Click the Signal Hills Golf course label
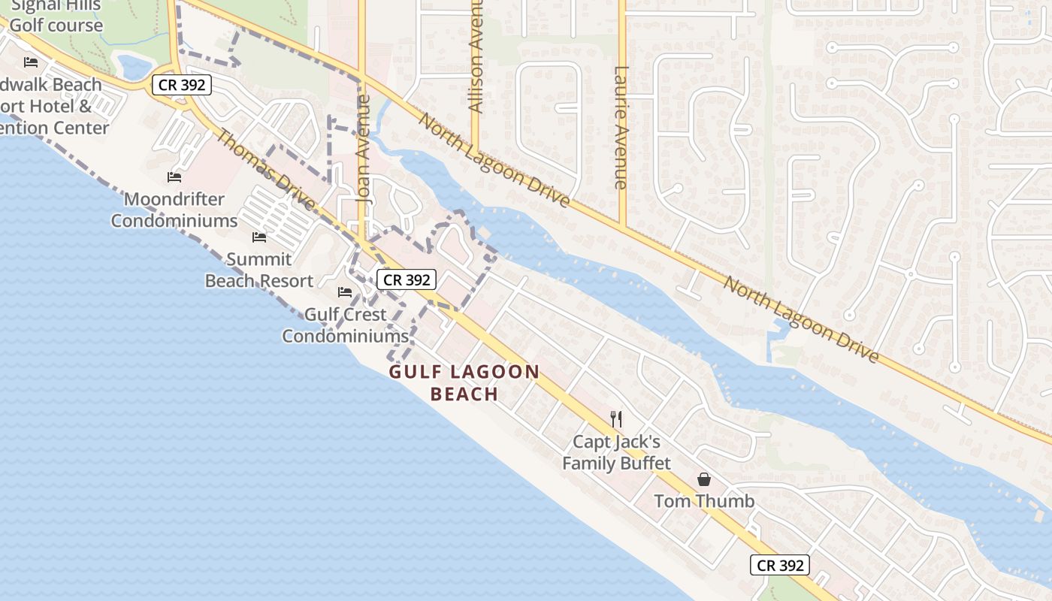(x=56, y=16)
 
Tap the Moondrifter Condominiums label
(x=174, y=210)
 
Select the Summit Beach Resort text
(x=259, y=270)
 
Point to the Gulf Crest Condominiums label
(x=345, y=325)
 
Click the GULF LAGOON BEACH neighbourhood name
(x=464, y=382)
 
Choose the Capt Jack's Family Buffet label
(x=616, y=452)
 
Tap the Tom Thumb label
(x=704, y=501)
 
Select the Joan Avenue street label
(x=364, y=150)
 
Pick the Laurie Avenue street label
(x=621, y=128)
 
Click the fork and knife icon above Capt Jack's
(x=616, y=418)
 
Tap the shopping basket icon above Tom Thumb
(x=704, y=479)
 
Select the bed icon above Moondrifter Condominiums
(x=174, y=177)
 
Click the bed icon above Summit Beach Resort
(x=259, y=237)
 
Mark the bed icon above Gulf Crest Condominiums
(x=345, y=291)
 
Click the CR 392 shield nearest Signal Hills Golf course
(x=182, y=85)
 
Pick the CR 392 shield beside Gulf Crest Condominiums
(x=406, y=280)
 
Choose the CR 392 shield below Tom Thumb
(x=780, y=566)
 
